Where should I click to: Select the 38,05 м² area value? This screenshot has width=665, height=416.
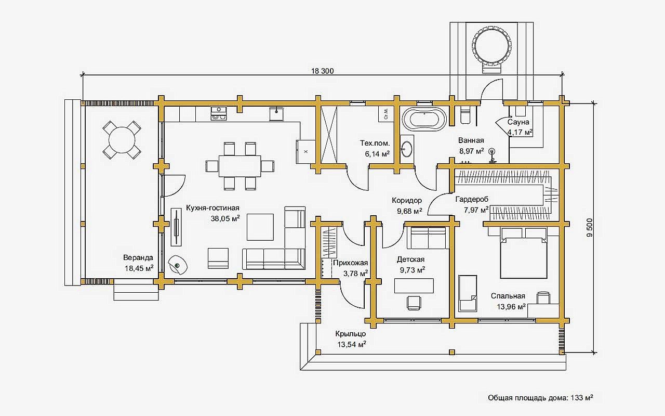pos(225,219)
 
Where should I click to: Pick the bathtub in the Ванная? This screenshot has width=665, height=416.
pos(425,120)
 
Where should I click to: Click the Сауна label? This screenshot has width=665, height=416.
pos(518,122)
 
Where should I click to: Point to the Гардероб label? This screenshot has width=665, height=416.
pos(472,200)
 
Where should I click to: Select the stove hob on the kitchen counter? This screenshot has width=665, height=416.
pos(219,113)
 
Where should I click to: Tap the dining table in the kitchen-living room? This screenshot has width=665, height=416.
pos(239,166)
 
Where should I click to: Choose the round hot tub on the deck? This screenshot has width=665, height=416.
pos(491,44)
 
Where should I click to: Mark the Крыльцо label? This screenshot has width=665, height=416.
pos(351,334)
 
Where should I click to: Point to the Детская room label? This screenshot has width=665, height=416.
pos(411,259)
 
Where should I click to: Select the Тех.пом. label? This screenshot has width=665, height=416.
pos(375,143)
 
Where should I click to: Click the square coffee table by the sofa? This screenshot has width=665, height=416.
pos(260,227)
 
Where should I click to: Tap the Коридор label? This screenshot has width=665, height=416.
pos(407,200)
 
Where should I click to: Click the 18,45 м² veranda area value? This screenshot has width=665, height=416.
pos(138,268)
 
